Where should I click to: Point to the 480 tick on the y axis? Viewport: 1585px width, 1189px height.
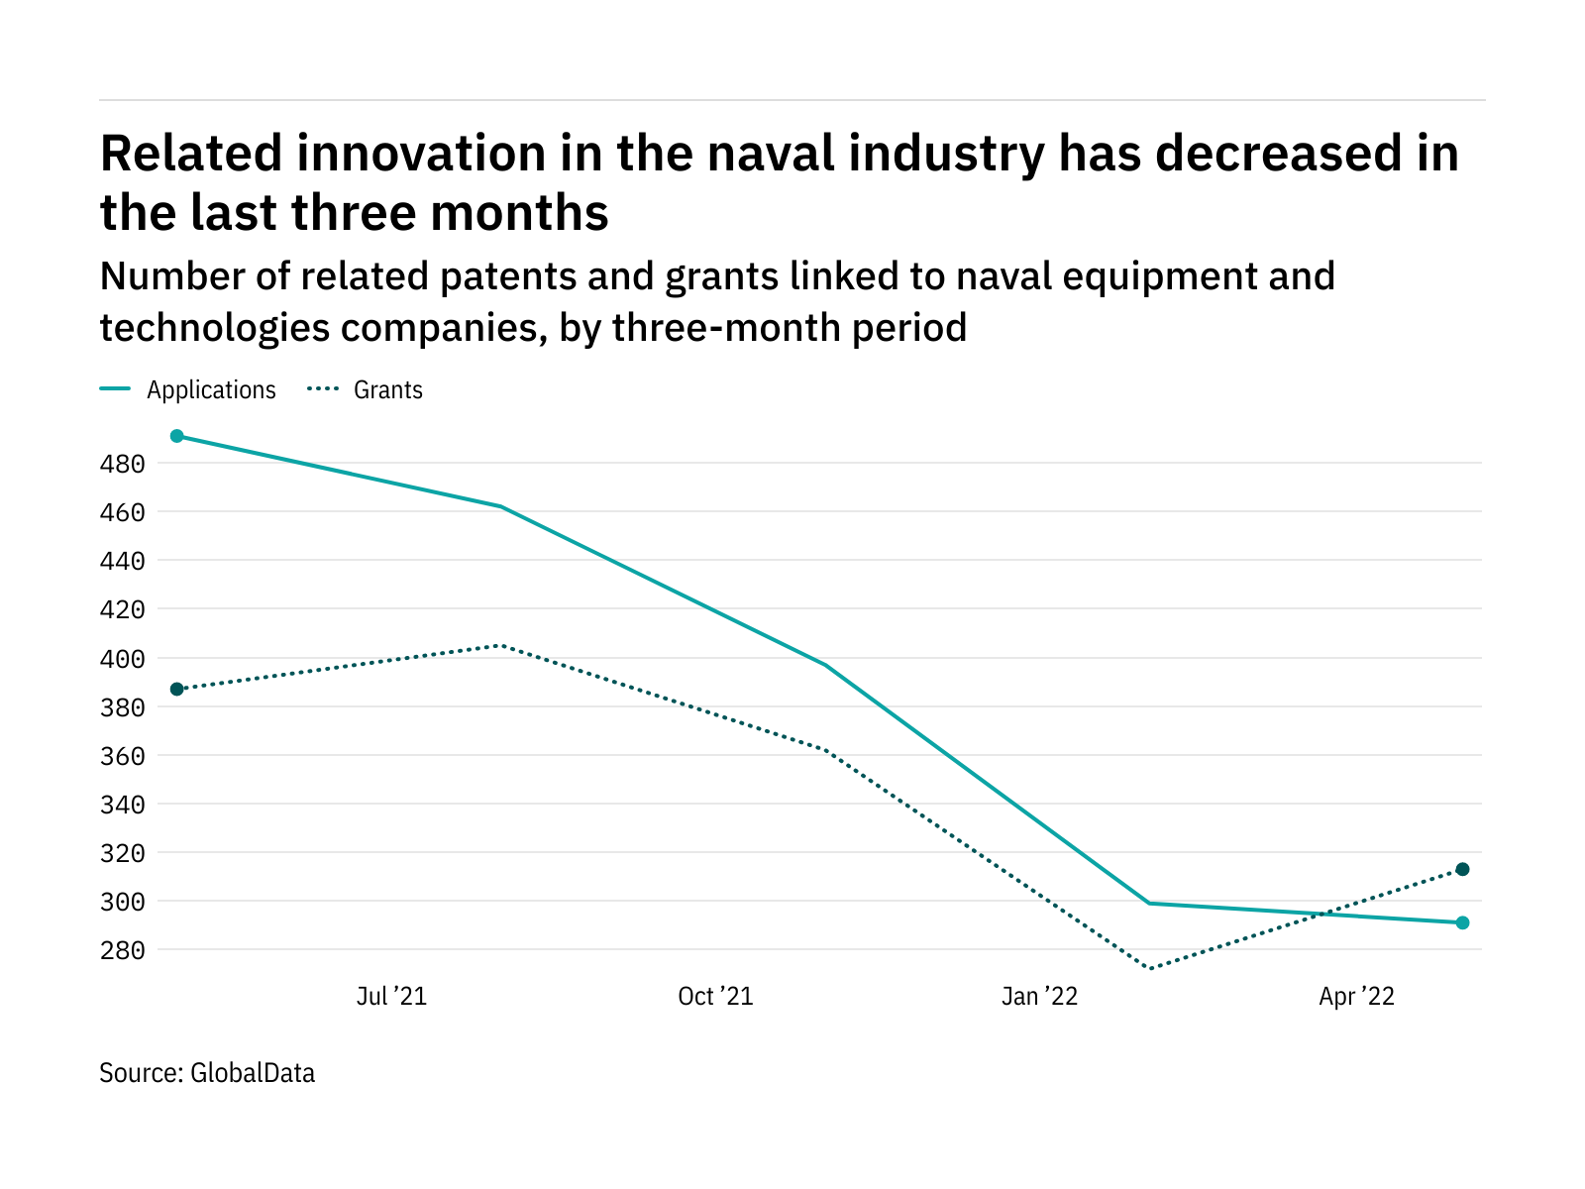[x=123, y=464]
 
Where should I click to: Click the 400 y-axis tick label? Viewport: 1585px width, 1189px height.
[x=123, y=659]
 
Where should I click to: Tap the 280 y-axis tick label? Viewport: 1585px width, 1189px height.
[x=123, y=951]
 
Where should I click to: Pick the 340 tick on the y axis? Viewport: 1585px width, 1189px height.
[x=123, y=805]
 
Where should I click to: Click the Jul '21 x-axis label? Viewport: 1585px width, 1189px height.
[x=391, y=997]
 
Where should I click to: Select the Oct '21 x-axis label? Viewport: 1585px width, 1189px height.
[x=715, y=997]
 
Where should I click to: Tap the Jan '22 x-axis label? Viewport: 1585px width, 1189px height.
[x=1039, y=997]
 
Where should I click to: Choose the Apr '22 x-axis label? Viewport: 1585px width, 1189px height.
[x=1356, y=997]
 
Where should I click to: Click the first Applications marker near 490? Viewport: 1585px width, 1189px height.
[x=177, y=436]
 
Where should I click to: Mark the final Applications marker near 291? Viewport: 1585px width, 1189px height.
[x=1462, y=922]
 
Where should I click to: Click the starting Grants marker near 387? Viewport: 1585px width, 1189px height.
[x=177, y=689]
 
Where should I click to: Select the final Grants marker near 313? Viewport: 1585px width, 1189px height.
[x=1462, y=869]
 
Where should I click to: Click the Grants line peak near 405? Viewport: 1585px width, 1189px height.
[x=500, y=645]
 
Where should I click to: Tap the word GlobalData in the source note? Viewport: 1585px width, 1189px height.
[x=253, y=1073]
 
